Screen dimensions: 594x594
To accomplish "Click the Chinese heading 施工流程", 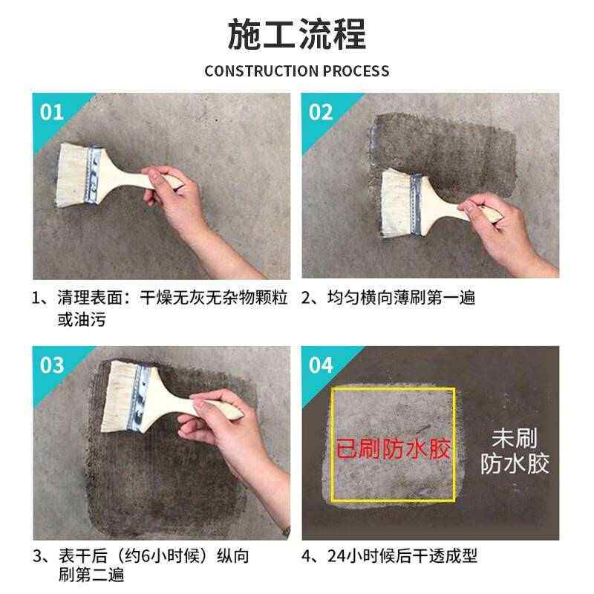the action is coord(296,34).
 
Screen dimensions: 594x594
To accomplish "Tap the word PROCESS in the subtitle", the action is coord(356,71).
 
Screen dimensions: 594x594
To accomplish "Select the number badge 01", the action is coord(51,112).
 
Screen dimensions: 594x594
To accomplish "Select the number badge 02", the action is coord(321,112).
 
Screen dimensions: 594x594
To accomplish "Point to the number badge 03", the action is coord(51,365).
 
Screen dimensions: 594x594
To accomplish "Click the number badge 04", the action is coord(321,365).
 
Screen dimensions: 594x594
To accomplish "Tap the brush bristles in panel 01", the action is coord(72,174).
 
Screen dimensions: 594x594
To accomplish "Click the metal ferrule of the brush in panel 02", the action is coord(416,205).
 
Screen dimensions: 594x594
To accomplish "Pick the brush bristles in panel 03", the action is coord(117,395).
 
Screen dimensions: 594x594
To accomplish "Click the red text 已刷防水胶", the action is coord(394,449).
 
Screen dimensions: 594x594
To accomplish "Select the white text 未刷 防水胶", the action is coord(515,451).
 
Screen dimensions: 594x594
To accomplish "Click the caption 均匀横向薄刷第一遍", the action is coord(401,298).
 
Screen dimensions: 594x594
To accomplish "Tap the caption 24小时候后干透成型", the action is coord(402,555).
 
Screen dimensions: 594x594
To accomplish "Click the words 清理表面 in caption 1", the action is coord(91,298).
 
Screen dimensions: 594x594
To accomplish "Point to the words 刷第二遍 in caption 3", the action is coord(91,575).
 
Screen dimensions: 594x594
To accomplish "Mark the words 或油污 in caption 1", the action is coord(82,319).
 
